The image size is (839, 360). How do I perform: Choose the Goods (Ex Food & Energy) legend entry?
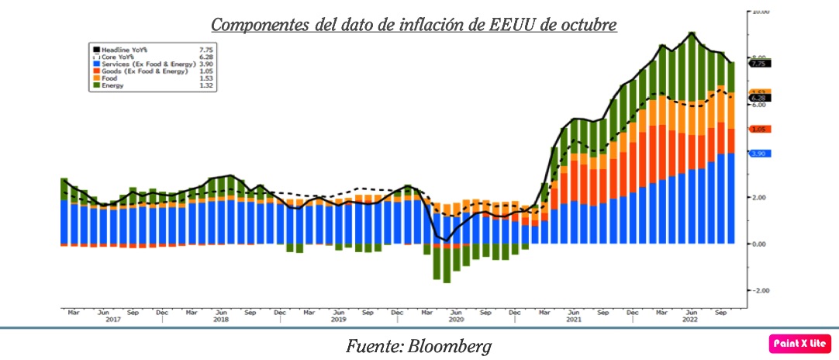click(x=140, y=71)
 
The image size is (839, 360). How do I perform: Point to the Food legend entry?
click(x=109, y=78)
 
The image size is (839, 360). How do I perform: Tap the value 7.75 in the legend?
click(x=205, y=47)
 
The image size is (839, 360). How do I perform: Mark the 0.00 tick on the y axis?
click(x=760, y=244)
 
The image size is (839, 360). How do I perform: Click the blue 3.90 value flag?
click(x=758, y=154)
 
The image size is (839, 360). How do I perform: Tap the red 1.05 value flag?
click(x=758, y=129)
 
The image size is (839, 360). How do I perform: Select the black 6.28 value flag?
click(x=758, y=98)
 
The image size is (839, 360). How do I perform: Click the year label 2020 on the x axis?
click(x=456, y=320)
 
